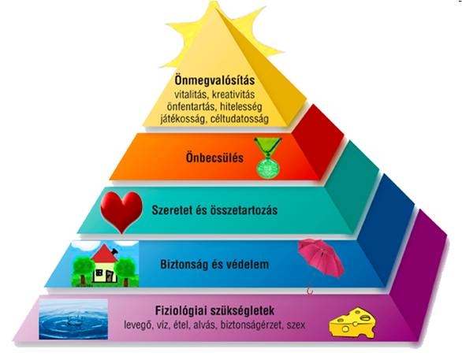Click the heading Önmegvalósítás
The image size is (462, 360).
point(214,80)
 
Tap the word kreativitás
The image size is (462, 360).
point(233,95)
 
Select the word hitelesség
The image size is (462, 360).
point(240,106)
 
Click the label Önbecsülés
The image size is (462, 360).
point(214,158)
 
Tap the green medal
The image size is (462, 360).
point(268,158)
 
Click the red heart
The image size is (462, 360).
point(121,212)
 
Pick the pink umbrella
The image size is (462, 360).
point(321,258)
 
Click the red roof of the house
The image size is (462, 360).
point(104,255)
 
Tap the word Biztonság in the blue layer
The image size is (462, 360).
point(184,265)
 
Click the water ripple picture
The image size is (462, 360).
point(73,319)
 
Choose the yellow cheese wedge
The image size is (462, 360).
point(352,323)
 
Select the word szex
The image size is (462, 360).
point(296,325)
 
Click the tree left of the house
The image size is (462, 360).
point(84,269)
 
